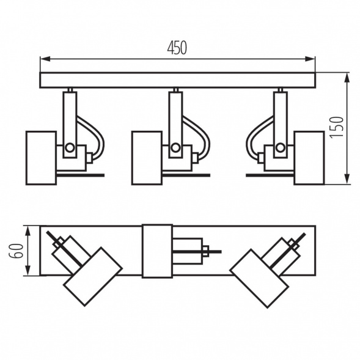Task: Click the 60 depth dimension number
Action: tap(18, 251)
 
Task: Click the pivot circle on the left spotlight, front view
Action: tap(70, 147)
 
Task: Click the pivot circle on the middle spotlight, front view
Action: tap(175, 147)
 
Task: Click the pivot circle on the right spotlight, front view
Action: tap(280, 147)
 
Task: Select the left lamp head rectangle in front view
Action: tap(41, 157)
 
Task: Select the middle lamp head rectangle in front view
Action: tap(147, 157)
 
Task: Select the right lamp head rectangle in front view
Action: tap(309, 157)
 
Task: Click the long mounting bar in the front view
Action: tap(177, 80)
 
